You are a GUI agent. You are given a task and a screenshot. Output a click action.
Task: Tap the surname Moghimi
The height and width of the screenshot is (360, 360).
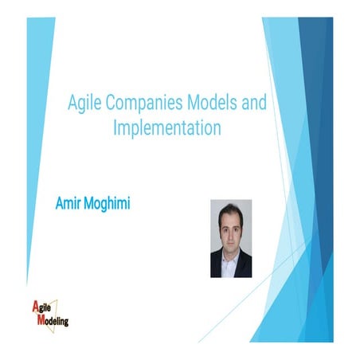tap(108, 205)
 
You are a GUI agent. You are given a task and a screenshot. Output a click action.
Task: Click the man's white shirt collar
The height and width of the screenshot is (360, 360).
tap(231, 248)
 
